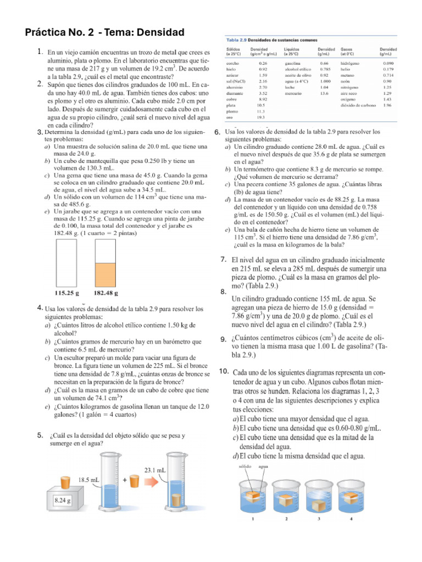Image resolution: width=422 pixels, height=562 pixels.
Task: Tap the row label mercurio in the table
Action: (x=292, y=94)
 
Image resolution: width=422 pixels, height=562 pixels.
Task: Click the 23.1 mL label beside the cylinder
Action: (x=155, y=470)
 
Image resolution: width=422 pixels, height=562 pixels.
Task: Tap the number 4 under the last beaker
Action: (x=351, y=519)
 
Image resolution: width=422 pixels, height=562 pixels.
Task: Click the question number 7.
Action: (x=224, y=260)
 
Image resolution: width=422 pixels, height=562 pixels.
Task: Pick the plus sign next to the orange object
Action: (x=125, y=479)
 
